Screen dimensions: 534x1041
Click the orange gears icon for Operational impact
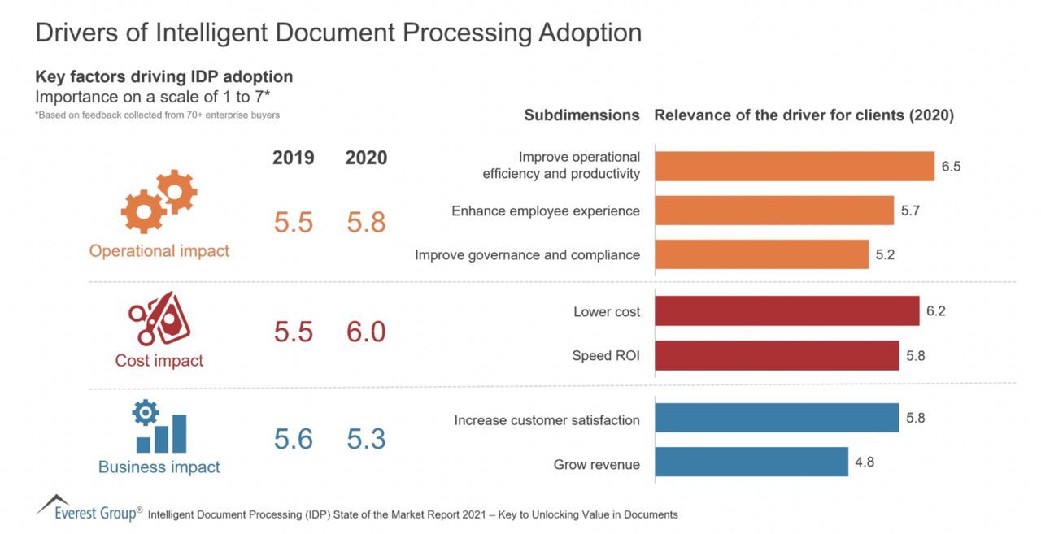click(x=159, y=202)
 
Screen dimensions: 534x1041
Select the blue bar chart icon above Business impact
click(x=159, y=428)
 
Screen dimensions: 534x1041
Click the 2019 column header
click(x=293, y=158)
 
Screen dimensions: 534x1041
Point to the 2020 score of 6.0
click(x=366, y=332)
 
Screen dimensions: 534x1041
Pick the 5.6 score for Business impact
click(x=293, y=439)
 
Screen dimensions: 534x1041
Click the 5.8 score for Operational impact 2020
click(x=366, y=222)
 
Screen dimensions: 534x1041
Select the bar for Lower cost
click(x=786, y=311)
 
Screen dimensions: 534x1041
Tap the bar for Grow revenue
click(x=751, y=462)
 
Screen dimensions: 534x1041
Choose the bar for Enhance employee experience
click(x=773, y=211)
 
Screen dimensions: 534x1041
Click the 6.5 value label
click(x=951, y=167)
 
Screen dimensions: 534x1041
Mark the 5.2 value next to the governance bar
click(x=885, y=254)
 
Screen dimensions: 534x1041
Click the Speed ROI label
click(x=606, y=356)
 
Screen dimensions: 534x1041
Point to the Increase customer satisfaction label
click(x=547, y=420)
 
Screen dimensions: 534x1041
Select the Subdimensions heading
click(x=581, y=115)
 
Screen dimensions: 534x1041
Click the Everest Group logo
click(x=89, y=508)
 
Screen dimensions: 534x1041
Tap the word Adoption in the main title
click(x=590, y=33)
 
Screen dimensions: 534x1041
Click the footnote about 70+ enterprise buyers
click(x=157, y=115)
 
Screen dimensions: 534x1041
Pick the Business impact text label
click(x=159, y=467)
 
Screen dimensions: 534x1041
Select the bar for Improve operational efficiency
click(x=794, y=167)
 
